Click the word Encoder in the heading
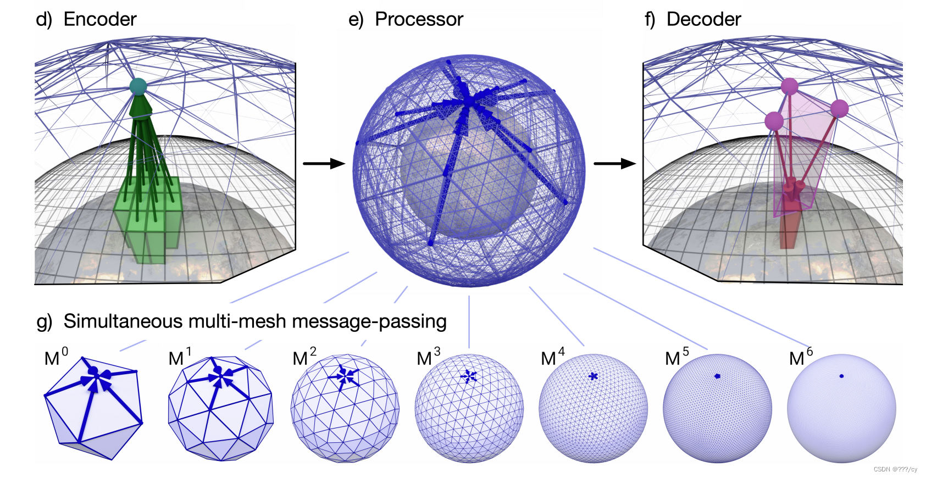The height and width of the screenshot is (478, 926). coord(99,19)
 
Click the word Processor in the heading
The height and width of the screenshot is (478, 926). coord(419,19)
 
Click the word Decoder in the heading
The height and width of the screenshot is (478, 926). coord(703,19)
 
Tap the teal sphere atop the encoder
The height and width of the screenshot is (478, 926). coord(138,86)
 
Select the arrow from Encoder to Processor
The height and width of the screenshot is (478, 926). coord(324,163)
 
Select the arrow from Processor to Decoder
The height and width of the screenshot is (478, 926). coord(614,163)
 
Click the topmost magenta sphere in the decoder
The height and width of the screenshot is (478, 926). coord(789,86)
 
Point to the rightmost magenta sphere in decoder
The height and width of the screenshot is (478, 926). coord(839,108)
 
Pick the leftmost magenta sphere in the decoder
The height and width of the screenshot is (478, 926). coord(774,120)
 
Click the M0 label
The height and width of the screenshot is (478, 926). coord(56,358)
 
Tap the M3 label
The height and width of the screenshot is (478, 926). coord(428,358)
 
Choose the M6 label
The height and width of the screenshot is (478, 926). coord(800,358)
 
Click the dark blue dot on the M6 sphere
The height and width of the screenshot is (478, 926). coord(841,376)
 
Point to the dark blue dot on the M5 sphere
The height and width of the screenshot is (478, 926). coord(718,376)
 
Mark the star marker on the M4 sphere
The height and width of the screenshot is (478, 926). coord(593,376)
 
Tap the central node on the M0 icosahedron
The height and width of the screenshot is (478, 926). coord(93,371)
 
